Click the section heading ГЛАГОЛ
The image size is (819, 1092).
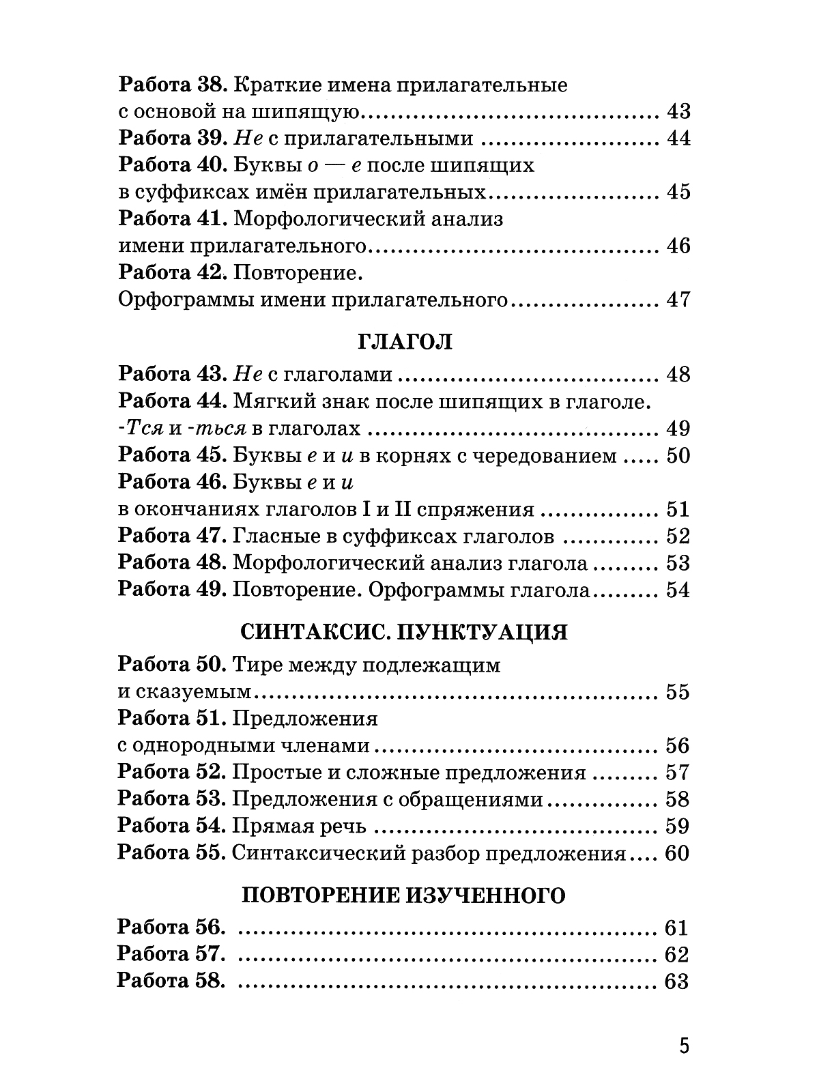coord(405,341)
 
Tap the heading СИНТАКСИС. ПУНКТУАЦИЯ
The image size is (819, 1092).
coord(405,632)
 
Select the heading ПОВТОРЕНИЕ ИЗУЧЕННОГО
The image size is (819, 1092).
coord(404,895)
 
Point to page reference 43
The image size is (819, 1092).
coord(676,111)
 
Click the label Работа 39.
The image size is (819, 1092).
coord(173,138)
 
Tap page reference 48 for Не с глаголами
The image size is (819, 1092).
coord(676,374)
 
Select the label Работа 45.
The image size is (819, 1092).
coord(173,455)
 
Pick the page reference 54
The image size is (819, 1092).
coord(676,590)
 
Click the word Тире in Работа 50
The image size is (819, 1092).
coord(257,665)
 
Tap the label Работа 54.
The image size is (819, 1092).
coord(173,826)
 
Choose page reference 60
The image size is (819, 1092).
coord(676,853)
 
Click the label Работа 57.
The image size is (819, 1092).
coord(172,954)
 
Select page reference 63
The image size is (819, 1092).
coord(676,981)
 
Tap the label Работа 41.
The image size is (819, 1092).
coord(173,219)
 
